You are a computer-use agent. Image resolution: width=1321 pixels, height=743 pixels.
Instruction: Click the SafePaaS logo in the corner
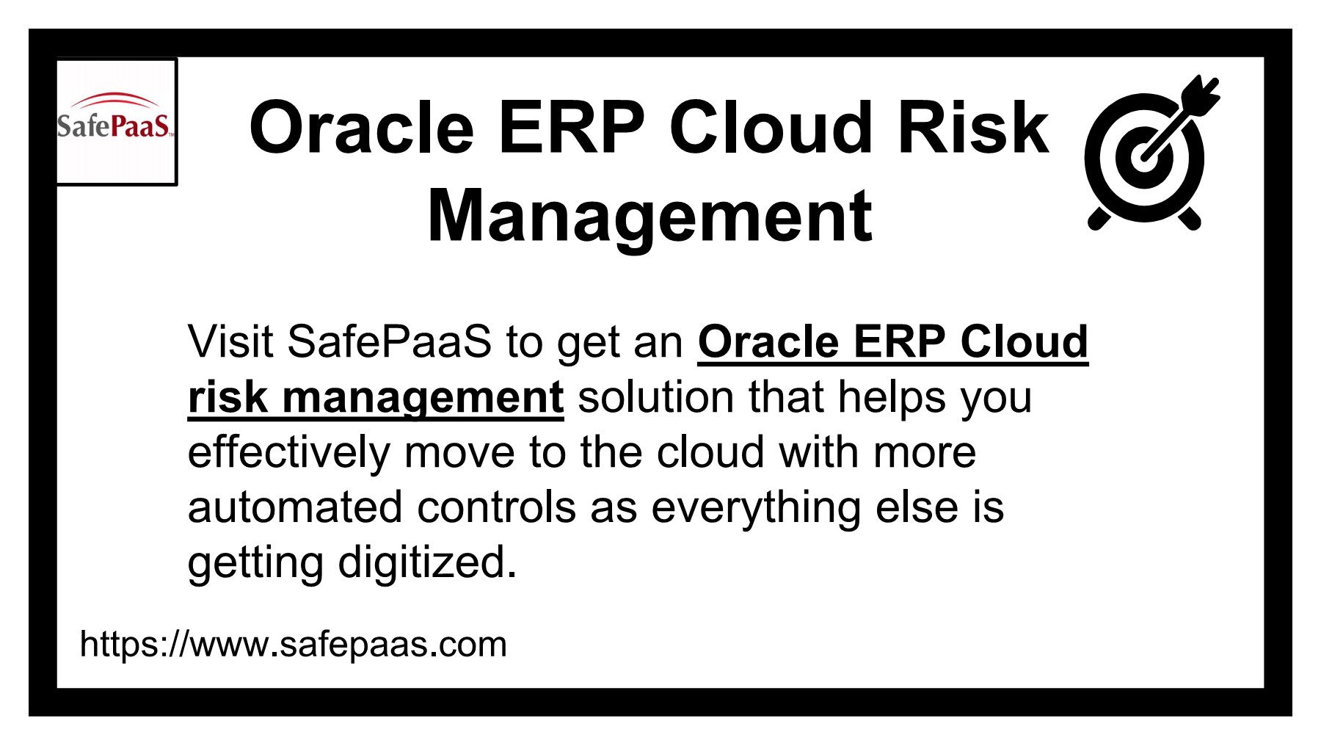click(116, 122)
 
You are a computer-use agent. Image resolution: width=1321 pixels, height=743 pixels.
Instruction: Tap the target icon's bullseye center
click(1142, 156)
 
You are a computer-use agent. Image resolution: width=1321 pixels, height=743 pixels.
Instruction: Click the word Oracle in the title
click(362, 128)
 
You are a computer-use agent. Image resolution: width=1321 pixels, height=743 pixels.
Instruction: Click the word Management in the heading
click(649, 217)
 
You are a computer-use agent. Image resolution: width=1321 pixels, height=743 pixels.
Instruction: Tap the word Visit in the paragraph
click(230, 341)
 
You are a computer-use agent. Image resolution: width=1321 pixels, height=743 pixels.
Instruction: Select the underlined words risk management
click(375, 397)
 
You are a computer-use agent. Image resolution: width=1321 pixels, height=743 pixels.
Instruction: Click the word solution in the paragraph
click(655, 397)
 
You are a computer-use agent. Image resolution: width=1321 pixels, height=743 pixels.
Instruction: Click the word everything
click(756, 507)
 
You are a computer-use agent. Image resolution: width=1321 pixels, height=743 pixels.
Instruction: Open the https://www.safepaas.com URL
click(293, 644)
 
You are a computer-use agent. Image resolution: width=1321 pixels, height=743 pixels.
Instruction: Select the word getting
click(255, 563)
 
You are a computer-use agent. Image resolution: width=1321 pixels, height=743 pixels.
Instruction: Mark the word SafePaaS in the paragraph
click(389, 341)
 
